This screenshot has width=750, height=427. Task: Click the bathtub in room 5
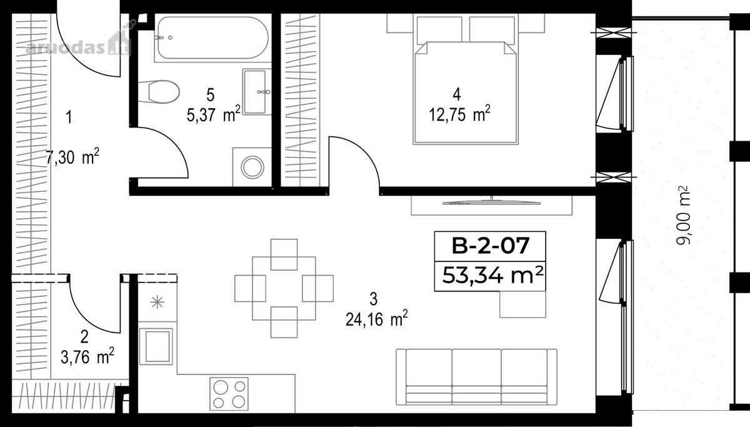213,38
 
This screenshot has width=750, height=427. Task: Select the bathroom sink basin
256,92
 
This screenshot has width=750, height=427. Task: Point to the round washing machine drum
252,167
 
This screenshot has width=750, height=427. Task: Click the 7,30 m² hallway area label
72,157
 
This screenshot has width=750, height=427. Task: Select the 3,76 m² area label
87,356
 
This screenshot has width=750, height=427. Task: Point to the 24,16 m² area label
377,319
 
